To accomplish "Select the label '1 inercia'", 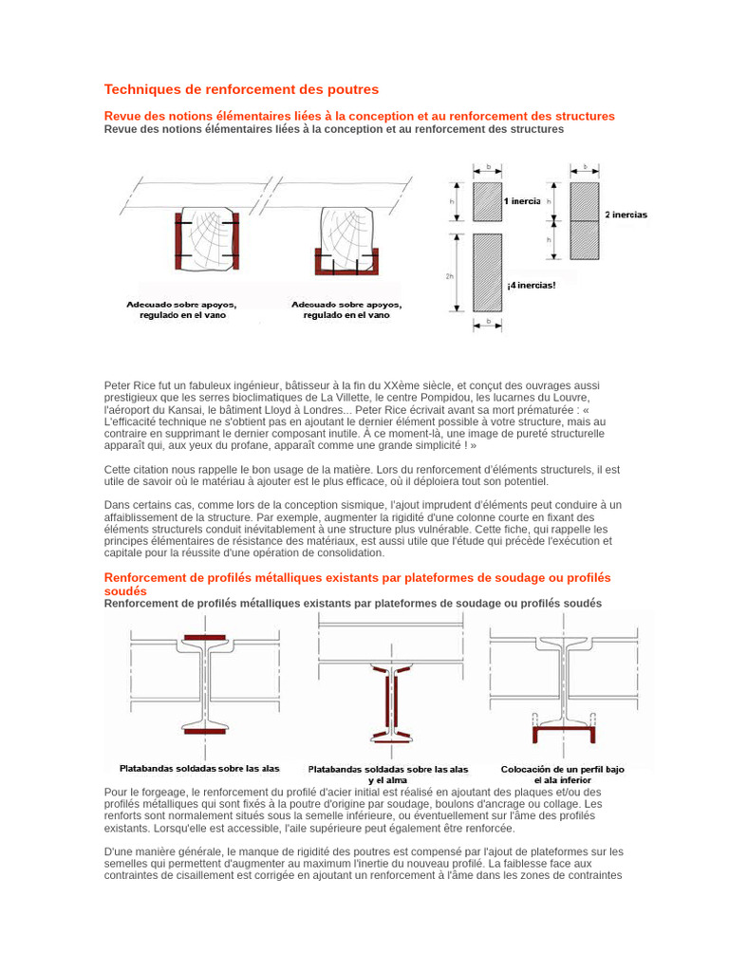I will (523, 201).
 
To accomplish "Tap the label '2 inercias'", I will (626, 215).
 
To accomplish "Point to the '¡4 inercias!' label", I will (531, 285).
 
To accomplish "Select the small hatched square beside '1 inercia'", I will (488, 201).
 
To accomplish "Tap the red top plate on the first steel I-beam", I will (205, 636).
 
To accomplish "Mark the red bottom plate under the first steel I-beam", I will (205, 731).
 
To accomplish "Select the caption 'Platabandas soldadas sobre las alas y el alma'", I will (387, 775).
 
